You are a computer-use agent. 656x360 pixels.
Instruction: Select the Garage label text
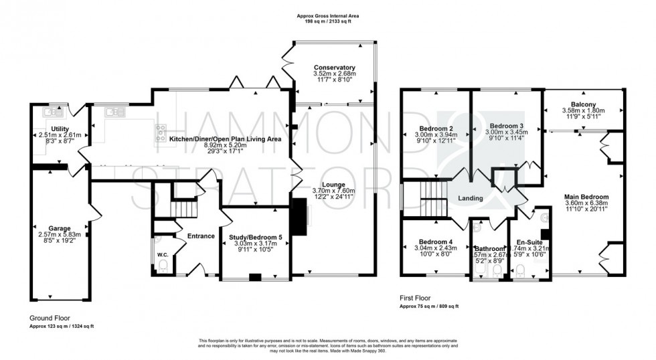click(59, 228)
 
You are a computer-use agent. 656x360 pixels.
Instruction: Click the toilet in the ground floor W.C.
click(163, 267)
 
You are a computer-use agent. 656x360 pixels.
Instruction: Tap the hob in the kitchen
click(161, 131)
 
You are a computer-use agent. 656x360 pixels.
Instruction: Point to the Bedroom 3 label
click(505, 125)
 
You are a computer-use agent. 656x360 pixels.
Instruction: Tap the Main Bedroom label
click(585, 197)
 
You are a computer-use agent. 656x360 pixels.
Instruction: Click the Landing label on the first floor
click(471, 199)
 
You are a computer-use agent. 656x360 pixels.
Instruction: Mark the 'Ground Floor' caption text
click(50, 318)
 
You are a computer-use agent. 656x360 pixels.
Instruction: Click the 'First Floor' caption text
click(415, 298)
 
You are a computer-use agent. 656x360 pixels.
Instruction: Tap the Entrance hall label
click(201, 236)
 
